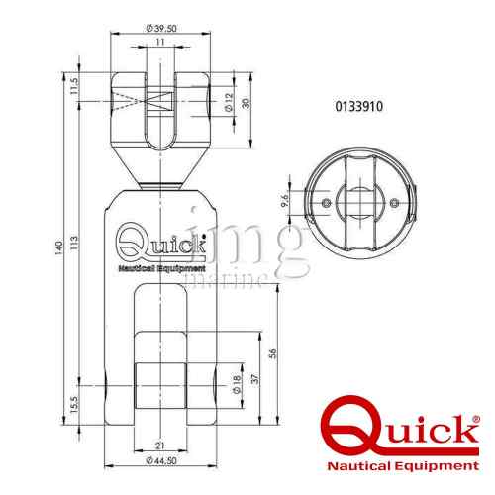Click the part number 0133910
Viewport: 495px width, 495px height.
coord(359,106)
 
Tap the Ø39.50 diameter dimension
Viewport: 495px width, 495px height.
coord(161,29)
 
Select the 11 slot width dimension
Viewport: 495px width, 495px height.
coord(160,42)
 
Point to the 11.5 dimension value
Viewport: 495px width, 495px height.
coord(74,86)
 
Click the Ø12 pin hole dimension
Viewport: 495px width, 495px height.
coord(229,102)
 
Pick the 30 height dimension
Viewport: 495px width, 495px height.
coord(246,103)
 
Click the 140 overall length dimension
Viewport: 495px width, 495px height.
coord(58,248)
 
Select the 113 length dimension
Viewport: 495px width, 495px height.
coord(75,243)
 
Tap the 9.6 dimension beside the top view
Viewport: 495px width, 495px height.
coord(285,200)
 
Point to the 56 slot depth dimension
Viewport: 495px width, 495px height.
coord(272,353)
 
